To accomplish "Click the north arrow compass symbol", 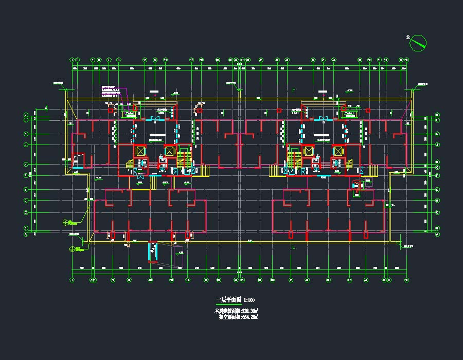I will point(418,43).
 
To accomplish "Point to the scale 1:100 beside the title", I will point(249,300).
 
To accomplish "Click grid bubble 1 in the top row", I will point(73,60).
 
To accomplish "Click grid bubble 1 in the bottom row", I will point(73,280).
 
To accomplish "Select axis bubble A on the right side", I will point(437,235).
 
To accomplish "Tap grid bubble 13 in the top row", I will point(155,60).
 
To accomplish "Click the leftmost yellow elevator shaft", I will point(139,151).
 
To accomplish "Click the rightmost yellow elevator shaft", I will point(337,151).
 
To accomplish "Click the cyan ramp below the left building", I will point(153,251).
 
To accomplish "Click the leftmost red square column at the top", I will point(111,110).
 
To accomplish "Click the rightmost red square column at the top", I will point(368,110).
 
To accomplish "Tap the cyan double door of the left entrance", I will point(154,119).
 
